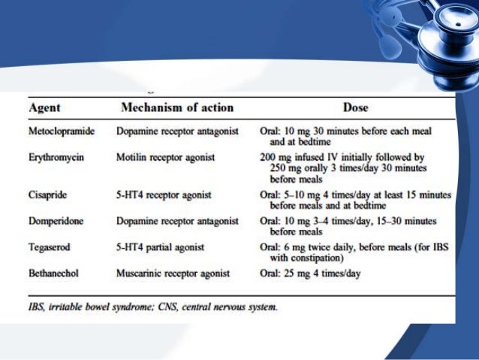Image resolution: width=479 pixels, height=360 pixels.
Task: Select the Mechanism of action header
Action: pyautogui.click(x=177, y=107)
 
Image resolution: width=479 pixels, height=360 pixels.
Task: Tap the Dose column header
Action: pyautogui.click(x=356, y=107)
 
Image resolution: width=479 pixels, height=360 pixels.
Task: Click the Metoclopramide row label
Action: pyautogui.click(x=62, y=131)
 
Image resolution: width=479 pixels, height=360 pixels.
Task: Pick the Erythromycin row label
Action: pyautogui.click(x=55, y=159)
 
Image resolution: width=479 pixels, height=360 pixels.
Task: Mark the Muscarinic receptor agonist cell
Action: pyautogui.click(x=171, y=274)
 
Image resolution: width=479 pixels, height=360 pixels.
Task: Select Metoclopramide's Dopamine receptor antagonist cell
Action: pyautogui.click(x=177, y=131)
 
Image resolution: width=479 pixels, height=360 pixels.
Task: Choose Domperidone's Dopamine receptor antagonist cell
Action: pyautogui.click(x=177, y=221)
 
